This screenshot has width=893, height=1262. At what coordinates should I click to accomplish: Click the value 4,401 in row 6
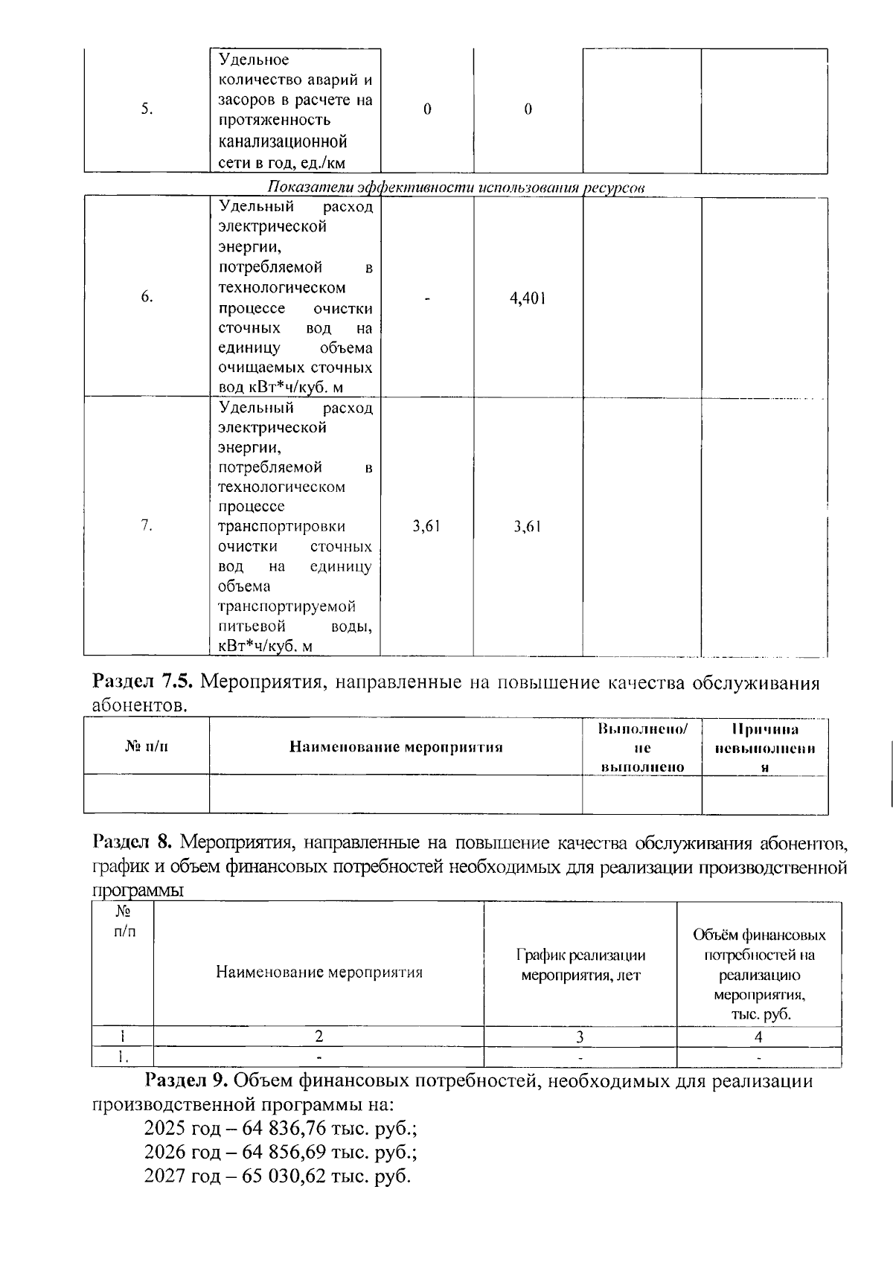528,298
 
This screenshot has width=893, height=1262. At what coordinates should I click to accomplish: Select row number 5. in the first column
147,109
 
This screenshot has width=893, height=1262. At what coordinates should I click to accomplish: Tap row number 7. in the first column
147,526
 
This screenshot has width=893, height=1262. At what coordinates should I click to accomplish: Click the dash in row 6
427,298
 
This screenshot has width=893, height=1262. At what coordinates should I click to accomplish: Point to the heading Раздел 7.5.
143,682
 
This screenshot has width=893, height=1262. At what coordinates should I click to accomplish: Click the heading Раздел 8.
132,843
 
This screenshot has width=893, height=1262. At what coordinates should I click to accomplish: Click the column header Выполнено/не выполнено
642,747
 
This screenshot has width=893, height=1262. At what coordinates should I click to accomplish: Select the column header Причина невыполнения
764,747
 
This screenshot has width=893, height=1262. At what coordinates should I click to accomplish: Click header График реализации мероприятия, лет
580,965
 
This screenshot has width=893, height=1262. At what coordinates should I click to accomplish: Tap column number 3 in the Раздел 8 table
580,1037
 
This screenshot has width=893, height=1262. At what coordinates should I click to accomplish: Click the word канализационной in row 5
283,141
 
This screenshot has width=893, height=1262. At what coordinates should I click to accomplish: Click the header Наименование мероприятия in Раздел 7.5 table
396,747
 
